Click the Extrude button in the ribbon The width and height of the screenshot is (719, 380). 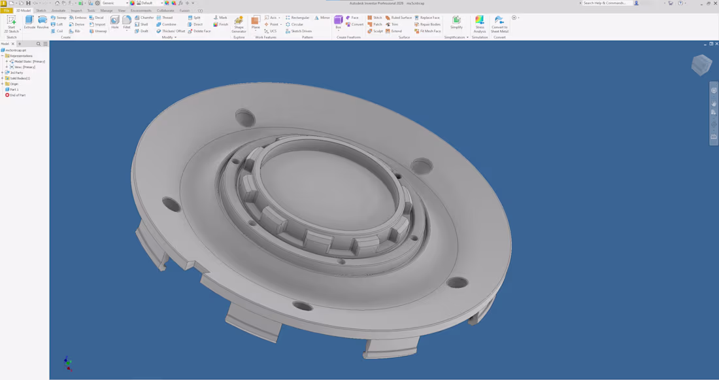click(x=29, y=22)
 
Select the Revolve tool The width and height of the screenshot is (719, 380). click(x=42, y=22)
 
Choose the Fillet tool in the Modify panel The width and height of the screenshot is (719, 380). click(x=127, y=22)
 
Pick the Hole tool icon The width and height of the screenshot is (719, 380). click(x=115, y=22)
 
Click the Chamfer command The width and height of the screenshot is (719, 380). click(x=144, y=18)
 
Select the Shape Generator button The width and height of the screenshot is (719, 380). click(x=239, y=24)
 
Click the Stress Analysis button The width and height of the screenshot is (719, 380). click(x=480, y=24)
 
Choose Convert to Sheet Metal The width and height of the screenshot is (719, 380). click(x=499, y=24)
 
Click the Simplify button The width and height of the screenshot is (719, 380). click(x=456, y=23)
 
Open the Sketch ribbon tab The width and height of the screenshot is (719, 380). click(x=41, y=10)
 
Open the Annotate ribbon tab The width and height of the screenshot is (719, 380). click(x=58, y=10)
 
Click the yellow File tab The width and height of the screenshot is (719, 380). click(x=7, y=10)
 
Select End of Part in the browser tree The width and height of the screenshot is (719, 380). click(x=17, y=95)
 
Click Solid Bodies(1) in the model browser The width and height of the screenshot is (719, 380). click(x=20, y=78)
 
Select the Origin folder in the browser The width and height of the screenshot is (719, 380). click(x=14, y=84)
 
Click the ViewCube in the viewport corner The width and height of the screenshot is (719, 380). click(x=701, y=65)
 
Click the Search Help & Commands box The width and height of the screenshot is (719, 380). click(x=606, y=3)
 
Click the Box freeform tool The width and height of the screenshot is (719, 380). click(x=338, y=23)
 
